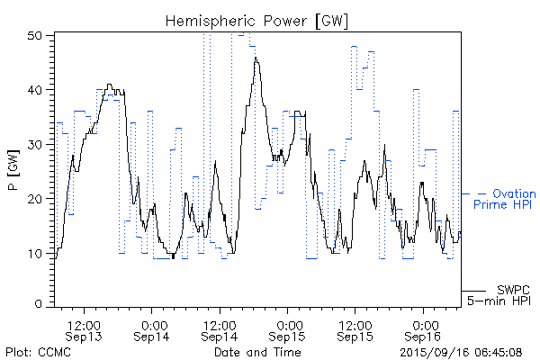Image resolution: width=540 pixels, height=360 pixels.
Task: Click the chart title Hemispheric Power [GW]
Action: [x=257, y=21]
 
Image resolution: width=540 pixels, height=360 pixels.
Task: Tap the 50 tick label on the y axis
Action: [x=37, y=35]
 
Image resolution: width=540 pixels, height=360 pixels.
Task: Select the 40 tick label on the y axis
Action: [x=37, y=90]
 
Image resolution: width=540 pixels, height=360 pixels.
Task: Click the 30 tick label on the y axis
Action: [x=37, y=144]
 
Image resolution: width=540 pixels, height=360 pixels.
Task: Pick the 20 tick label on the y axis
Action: [x=37, y=198]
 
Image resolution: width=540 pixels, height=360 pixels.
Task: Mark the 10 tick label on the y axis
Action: [x=37, y=252]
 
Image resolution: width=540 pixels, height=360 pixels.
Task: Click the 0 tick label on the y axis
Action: [x=40, y=305]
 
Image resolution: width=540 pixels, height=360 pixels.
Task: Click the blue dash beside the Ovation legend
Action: [x=469, y=193]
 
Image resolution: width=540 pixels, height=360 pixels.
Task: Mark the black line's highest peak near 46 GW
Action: [x=256, y=58]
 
